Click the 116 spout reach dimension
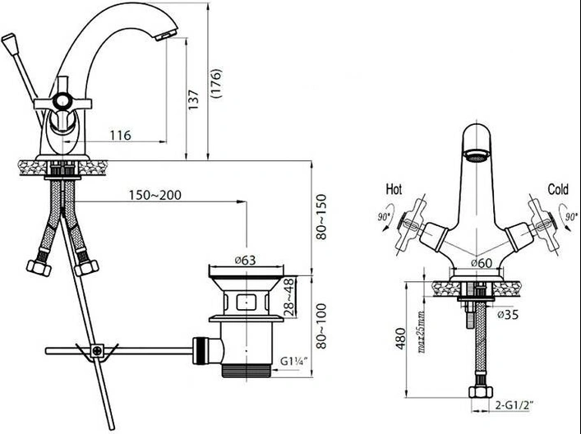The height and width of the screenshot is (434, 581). tap(121, 135)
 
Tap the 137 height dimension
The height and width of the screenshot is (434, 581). tap(193, 99)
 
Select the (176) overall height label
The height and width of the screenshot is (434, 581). tap(215, 83)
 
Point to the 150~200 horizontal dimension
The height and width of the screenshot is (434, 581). tap(155, 195)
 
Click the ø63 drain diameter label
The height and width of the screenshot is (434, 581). tap(245, 261)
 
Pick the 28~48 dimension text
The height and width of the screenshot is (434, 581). tap(290, 298)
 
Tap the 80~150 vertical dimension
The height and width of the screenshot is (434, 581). tap(321, 217)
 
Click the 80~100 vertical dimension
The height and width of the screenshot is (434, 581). tap(321, 326)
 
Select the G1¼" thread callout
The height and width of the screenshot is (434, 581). tap(294, 361)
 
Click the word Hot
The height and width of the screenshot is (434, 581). tap(394, 189)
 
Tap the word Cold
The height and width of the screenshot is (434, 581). tap(558, 189)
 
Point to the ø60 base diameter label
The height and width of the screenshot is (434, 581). tap(482, 263)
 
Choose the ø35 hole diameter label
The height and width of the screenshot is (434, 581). tap(508, 314)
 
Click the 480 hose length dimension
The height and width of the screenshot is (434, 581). tap(400, 339)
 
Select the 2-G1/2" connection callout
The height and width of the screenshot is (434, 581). tap(514, 405)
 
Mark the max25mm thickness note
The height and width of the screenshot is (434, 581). tap(422, 332)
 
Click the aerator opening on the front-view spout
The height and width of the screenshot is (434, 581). tap(477, 155)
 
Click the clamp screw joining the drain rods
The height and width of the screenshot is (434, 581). tap(97, 351)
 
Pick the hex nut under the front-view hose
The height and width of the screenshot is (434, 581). tap(481, 391)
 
